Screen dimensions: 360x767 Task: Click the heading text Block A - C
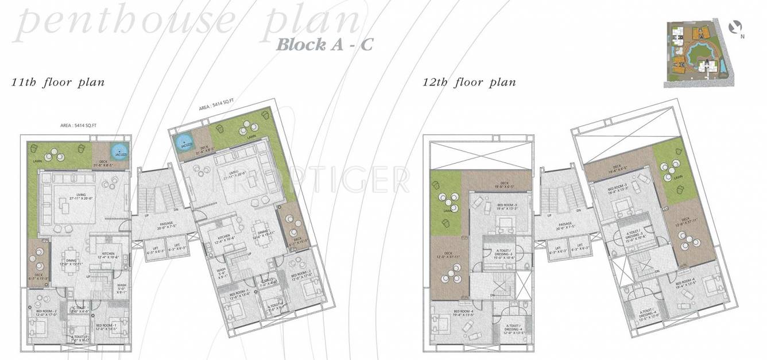[324, 44]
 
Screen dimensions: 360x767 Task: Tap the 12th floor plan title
[469, 82]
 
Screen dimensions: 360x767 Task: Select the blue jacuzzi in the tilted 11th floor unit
[183, 140]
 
